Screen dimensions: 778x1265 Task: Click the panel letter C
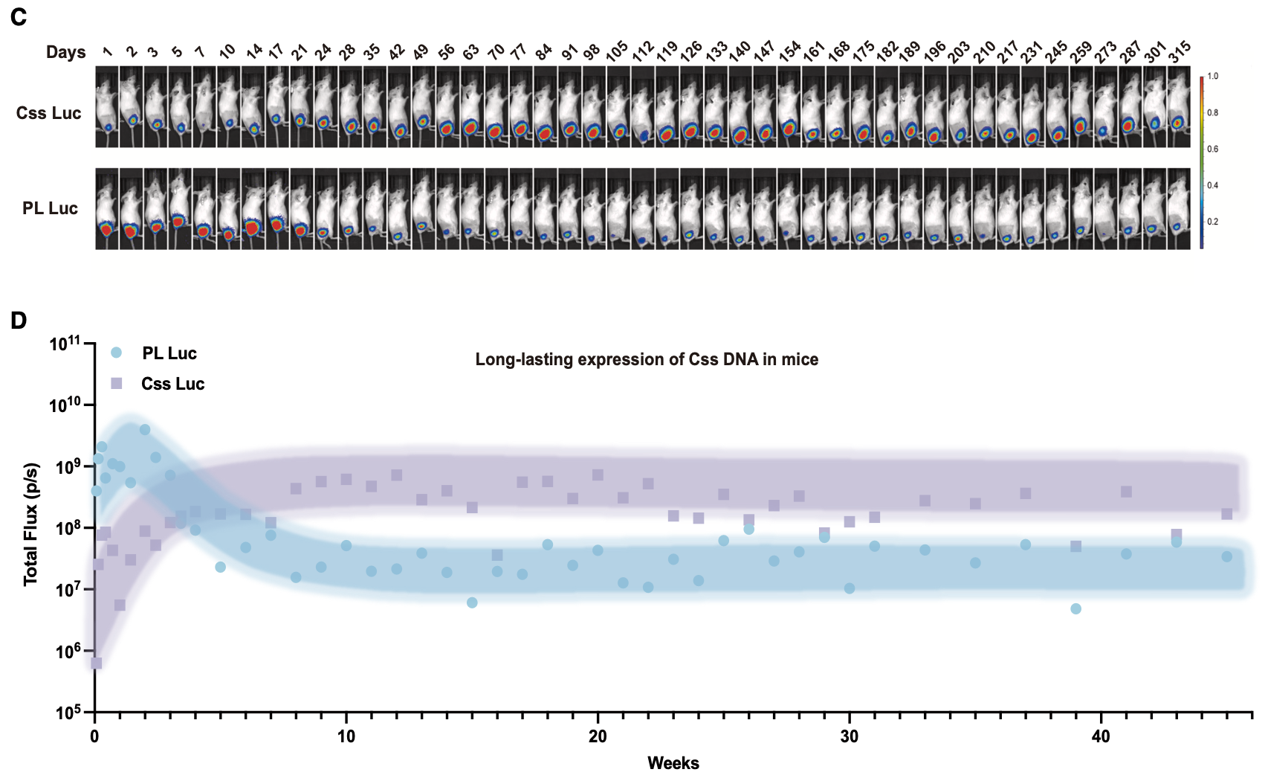19,16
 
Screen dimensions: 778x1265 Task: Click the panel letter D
19,321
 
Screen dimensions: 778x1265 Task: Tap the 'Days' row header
65,52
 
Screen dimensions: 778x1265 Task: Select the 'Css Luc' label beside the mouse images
48,113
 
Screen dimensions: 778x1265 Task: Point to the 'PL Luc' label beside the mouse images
50,208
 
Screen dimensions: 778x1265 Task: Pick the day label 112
642,51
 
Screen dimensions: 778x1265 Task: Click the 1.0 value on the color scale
1212,77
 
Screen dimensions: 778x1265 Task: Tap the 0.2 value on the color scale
1212,222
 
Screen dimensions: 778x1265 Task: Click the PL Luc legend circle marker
116,353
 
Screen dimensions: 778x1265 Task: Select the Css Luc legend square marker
116,384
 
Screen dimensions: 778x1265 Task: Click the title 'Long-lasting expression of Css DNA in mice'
647,360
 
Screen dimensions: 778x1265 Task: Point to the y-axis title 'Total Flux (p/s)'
30,524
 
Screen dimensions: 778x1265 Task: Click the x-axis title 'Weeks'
673,763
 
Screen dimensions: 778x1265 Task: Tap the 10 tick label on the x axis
346,736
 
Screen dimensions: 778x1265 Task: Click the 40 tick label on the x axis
1100,736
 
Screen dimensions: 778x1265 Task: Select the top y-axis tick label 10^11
65,344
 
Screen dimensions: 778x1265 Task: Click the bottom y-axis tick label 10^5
67,713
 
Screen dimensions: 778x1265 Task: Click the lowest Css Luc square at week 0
96,663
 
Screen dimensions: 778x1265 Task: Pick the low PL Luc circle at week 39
1075,608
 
